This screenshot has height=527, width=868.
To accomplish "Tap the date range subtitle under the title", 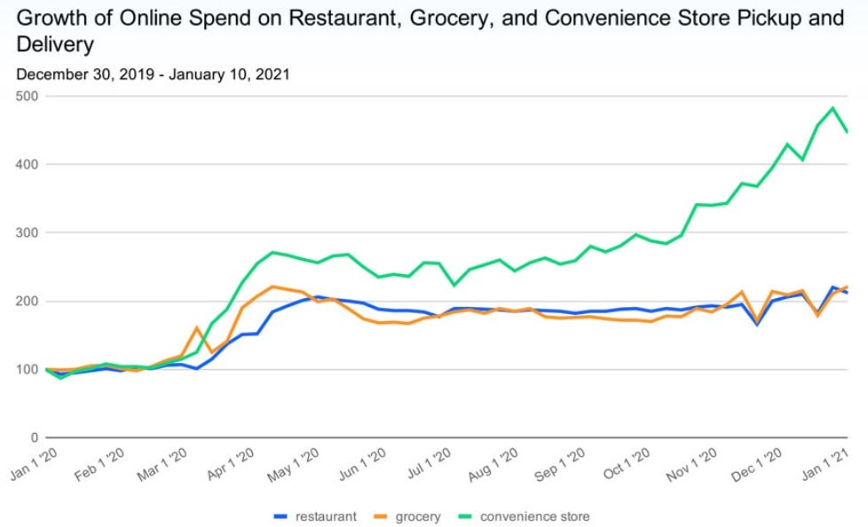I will coord(153,75).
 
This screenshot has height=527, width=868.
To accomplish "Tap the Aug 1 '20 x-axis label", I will coord(493,464).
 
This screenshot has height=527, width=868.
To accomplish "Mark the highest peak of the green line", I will coord(832,108).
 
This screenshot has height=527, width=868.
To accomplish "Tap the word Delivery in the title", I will coord(55,43).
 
